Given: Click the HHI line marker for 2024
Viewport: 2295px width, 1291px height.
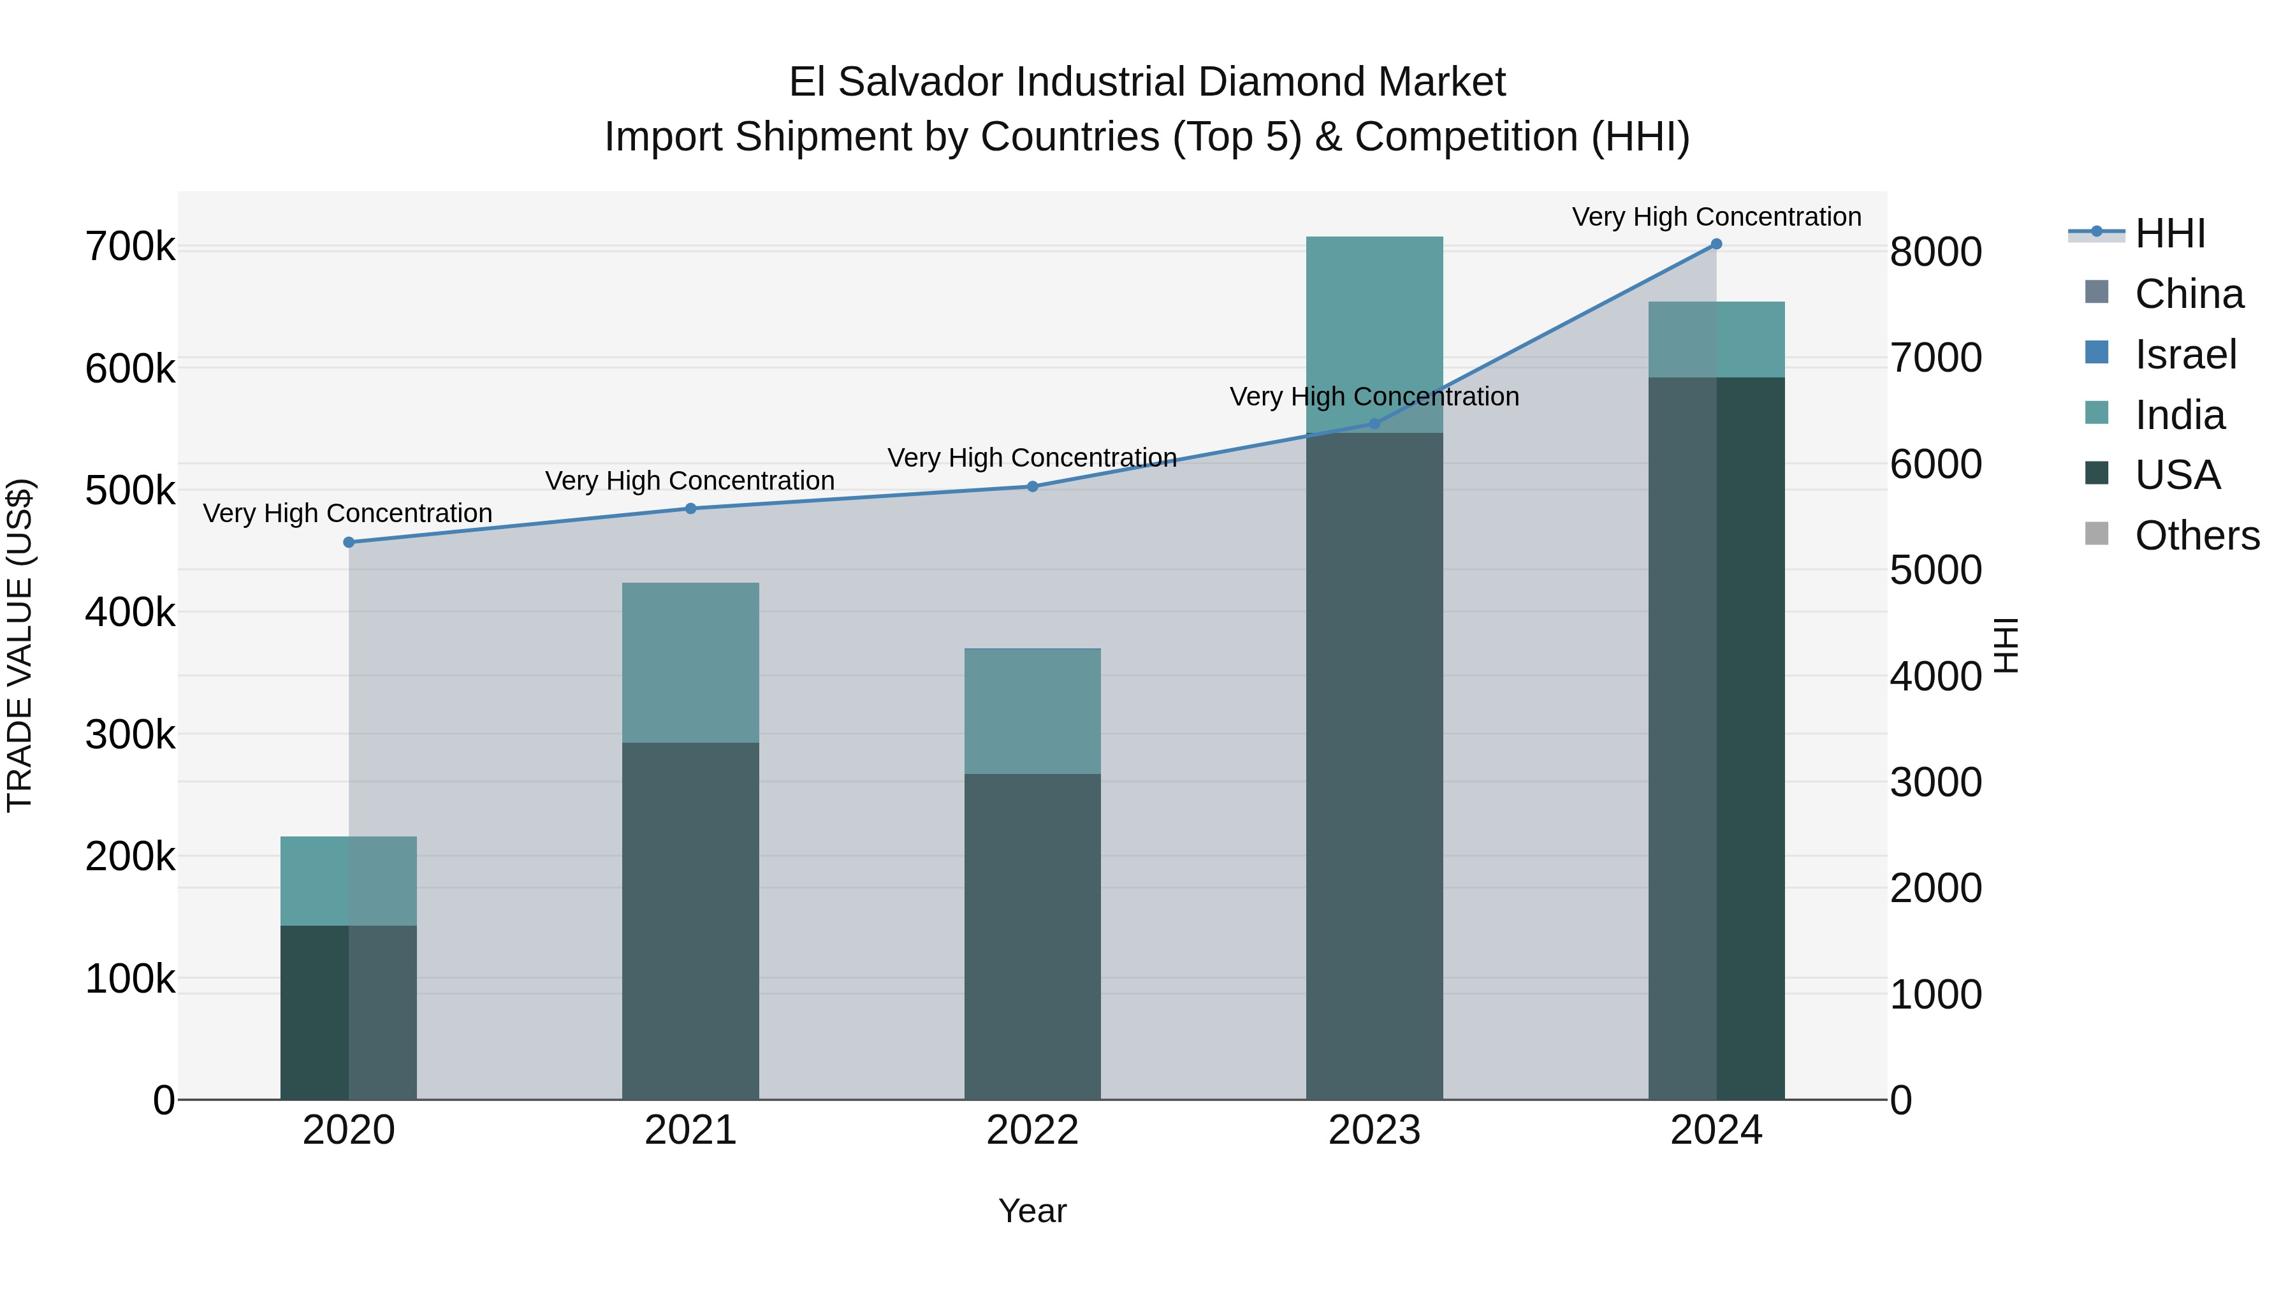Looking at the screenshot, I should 1716,244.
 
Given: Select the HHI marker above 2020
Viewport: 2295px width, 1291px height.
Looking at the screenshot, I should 348,542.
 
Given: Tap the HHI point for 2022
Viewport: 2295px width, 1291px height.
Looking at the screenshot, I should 1033,486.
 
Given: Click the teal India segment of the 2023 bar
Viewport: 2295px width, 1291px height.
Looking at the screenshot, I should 1374,334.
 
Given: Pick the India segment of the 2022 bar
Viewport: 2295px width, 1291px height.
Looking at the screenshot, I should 1033,711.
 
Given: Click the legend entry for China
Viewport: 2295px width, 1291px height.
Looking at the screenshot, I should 2188,294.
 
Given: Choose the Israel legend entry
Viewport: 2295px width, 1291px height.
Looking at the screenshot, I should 2185,354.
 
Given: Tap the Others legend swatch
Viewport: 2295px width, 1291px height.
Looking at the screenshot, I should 2097,535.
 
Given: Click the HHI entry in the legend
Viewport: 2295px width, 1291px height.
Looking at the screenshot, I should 2169,233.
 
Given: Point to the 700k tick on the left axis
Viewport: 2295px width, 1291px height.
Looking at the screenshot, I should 130,247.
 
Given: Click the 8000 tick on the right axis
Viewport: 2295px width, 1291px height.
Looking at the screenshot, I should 1935,252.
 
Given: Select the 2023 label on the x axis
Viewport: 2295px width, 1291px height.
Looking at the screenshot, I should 1374,1130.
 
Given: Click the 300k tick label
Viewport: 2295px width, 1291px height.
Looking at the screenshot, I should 130,735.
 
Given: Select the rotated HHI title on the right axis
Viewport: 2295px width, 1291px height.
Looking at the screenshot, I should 2006,645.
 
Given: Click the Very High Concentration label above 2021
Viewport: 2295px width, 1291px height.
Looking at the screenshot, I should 690,481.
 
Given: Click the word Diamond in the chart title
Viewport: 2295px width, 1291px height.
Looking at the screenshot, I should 1280,82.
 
